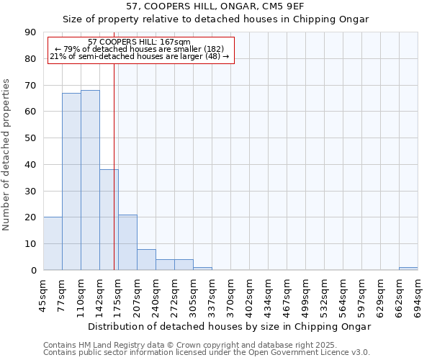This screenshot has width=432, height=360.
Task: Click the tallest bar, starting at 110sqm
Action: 90,180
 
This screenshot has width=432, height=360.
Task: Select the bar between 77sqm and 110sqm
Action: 71,181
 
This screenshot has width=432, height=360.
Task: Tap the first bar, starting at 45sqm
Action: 53,243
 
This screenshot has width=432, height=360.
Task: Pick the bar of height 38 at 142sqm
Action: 109,220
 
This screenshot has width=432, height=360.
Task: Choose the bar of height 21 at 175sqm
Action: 127,243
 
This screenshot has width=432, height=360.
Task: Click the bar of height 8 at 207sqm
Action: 146,260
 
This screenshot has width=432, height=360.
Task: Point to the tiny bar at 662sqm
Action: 408,269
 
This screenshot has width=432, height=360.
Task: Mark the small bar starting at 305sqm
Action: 202,269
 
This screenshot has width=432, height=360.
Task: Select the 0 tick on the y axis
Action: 33,270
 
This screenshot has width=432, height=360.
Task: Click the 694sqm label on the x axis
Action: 418,296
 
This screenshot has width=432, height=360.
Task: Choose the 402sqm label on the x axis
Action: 250,296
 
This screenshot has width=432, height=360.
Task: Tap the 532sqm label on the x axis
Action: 325,296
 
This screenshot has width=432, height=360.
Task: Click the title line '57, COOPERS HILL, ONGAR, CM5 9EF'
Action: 216,6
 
